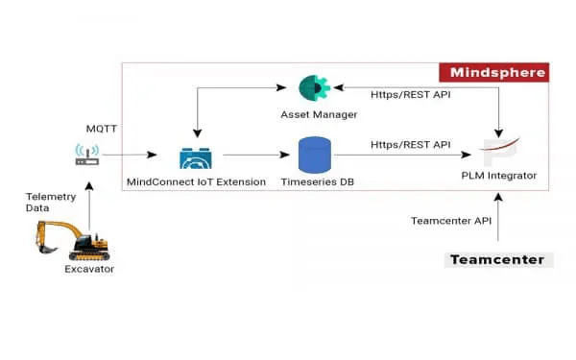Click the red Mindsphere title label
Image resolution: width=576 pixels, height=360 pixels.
(493, 72)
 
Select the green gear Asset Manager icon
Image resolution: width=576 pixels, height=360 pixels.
(313, 88)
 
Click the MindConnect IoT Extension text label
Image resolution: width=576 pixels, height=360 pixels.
(196, 181)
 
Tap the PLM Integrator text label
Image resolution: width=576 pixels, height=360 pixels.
(498, 175)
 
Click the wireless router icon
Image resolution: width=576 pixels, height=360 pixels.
(88, 154)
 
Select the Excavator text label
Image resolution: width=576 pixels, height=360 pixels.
(89, 270)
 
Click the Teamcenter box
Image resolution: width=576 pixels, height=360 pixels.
(498, 259)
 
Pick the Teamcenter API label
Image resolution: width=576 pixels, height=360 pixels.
(449, 220)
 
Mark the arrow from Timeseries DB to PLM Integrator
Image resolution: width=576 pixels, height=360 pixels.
(408, 155)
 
